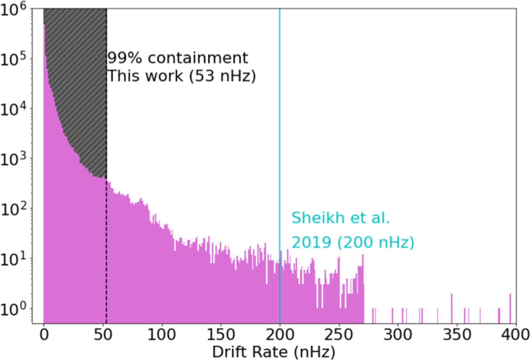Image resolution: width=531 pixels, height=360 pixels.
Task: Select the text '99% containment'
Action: point(178,58)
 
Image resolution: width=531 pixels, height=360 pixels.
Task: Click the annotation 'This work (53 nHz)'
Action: point(181,76)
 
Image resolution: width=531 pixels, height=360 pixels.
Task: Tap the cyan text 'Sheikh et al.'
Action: point(341,218)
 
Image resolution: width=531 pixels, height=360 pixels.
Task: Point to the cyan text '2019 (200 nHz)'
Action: point(353,243)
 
